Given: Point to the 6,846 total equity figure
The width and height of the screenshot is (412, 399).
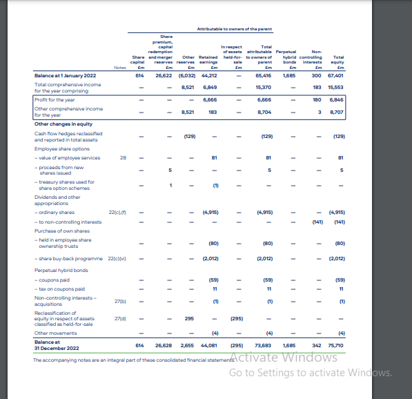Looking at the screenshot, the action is tap(335, 100).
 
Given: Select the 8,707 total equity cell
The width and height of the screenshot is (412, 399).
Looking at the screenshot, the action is tap(335, 112).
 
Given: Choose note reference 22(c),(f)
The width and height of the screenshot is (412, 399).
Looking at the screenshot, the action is tap(117, 213).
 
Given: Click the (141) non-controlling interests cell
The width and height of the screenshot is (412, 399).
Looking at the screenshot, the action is tap(317, 222).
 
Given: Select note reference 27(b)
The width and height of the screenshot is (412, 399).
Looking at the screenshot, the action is tap(119, 302).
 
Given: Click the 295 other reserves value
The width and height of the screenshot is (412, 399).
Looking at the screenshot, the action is tap(188, 318).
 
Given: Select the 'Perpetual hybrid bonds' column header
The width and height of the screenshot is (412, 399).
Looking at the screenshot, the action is tap(286, 59).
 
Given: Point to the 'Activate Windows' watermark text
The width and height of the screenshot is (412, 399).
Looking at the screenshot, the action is tap(284, 358).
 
